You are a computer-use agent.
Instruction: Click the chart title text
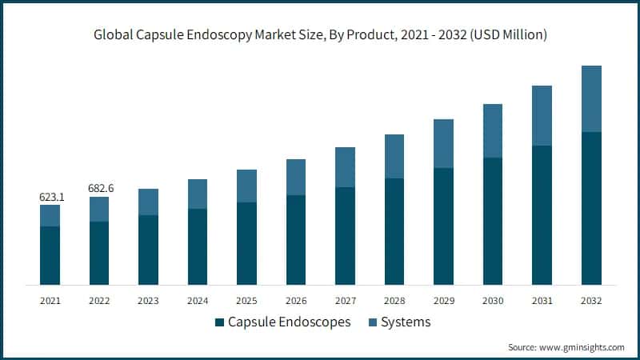click(320, 34)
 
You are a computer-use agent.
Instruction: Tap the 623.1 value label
click(51, 196)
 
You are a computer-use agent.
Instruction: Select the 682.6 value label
click(100, 188)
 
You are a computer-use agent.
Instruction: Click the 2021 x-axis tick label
click(50, 301)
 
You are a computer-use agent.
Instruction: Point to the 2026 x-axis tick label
click(296, 301)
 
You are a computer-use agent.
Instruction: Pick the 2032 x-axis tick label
click(591, 301)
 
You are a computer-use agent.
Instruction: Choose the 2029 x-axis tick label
click(444, 301)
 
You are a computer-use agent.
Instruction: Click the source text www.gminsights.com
click(566, 347)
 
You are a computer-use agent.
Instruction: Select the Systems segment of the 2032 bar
click(591, 98)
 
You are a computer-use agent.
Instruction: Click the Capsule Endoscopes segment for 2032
click(591, 208)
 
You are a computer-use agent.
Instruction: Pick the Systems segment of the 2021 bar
click(50, 215)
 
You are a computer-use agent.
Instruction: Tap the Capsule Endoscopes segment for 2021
click(50, 255)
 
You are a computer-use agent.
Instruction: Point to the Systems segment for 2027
click(346, 167)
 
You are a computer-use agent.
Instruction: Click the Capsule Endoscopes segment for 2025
click(247, 243)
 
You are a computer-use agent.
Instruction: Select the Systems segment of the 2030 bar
click(493, 130)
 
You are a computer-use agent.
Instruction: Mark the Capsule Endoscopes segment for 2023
click(149, 250)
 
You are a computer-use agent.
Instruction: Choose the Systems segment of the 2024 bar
click(198, 194)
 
